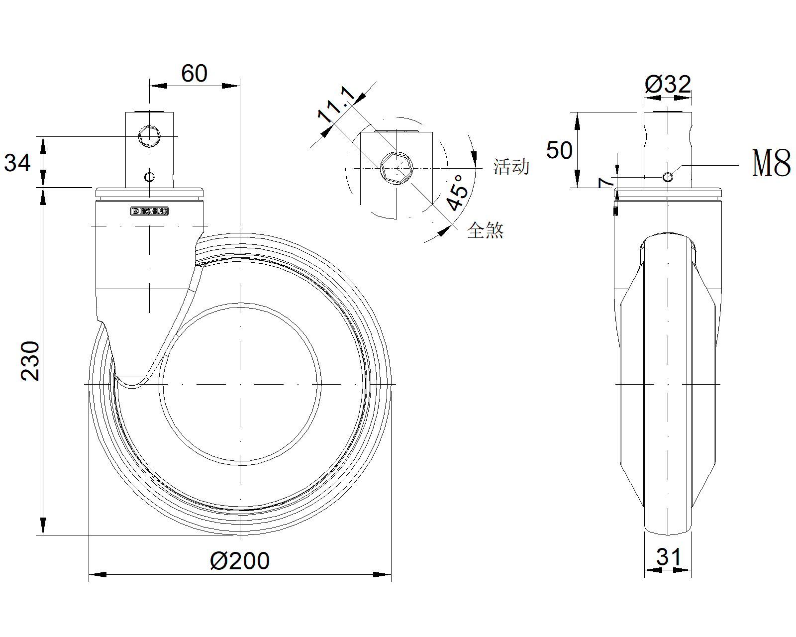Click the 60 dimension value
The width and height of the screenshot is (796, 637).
pos(194,73)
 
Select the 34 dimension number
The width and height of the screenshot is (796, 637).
pos(17,163)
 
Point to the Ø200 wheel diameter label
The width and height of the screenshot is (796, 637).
pos(240,561)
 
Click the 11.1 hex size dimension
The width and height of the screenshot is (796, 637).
pos(336,105)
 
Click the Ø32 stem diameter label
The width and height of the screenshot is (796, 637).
pos(668,84)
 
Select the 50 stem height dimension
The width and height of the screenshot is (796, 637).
pos(559,150)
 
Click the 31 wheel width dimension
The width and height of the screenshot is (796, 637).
pos(668,557)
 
